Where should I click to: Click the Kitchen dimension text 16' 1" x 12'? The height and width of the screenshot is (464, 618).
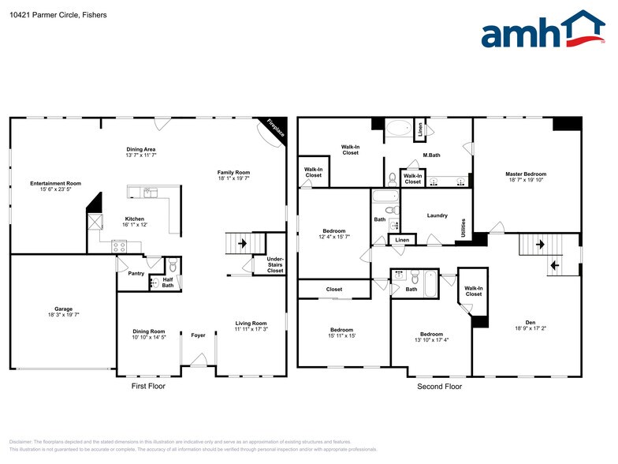point(135,225)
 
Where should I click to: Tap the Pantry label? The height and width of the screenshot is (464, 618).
point(125,274)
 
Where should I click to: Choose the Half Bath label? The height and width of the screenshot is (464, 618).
point(167,283)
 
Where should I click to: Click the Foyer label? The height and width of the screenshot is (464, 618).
point(198,335)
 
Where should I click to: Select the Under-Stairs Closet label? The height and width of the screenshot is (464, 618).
point(275,265)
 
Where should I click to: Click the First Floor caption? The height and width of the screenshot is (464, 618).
point(148,387)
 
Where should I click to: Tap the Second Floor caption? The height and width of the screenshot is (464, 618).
point(439,387)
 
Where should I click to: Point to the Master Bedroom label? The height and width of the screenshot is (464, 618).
point(526,174)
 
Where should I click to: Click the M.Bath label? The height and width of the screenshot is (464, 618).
point(431,155)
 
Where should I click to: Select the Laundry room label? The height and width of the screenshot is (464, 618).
point(437,215)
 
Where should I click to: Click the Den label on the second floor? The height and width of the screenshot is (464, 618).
point(530,322)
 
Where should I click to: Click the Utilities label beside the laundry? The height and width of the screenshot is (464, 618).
point(463,228)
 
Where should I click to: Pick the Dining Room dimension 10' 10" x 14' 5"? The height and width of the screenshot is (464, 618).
point(148,338)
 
